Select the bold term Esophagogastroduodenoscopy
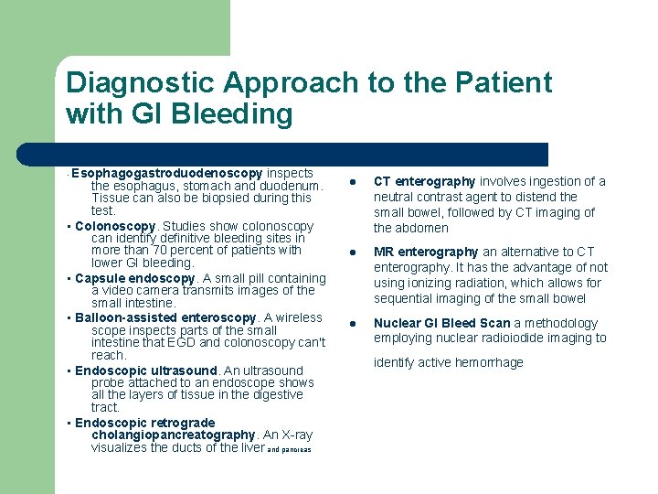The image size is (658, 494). point(166,173)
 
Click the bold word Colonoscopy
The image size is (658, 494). point(115,226)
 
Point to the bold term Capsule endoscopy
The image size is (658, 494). point(135,278)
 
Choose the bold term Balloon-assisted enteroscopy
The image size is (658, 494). point(165,317)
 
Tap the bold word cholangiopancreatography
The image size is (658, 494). point(173,435)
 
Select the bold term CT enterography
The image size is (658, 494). point(424,181)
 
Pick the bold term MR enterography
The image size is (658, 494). point(426,252)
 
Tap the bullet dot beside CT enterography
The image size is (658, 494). point(350,181)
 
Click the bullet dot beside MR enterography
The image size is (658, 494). point(350,252)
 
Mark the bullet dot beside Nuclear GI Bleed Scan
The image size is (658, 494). point(350,323)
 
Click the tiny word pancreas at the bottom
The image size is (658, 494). point(296,449)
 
